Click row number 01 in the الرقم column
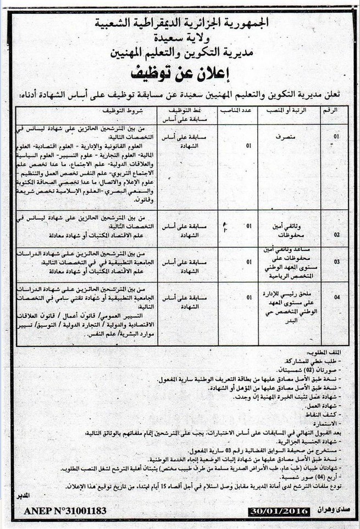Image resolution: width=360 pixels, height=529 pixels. [336, 136]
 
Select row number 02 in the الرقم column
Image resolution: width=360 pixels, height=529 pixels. [336, 234]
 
